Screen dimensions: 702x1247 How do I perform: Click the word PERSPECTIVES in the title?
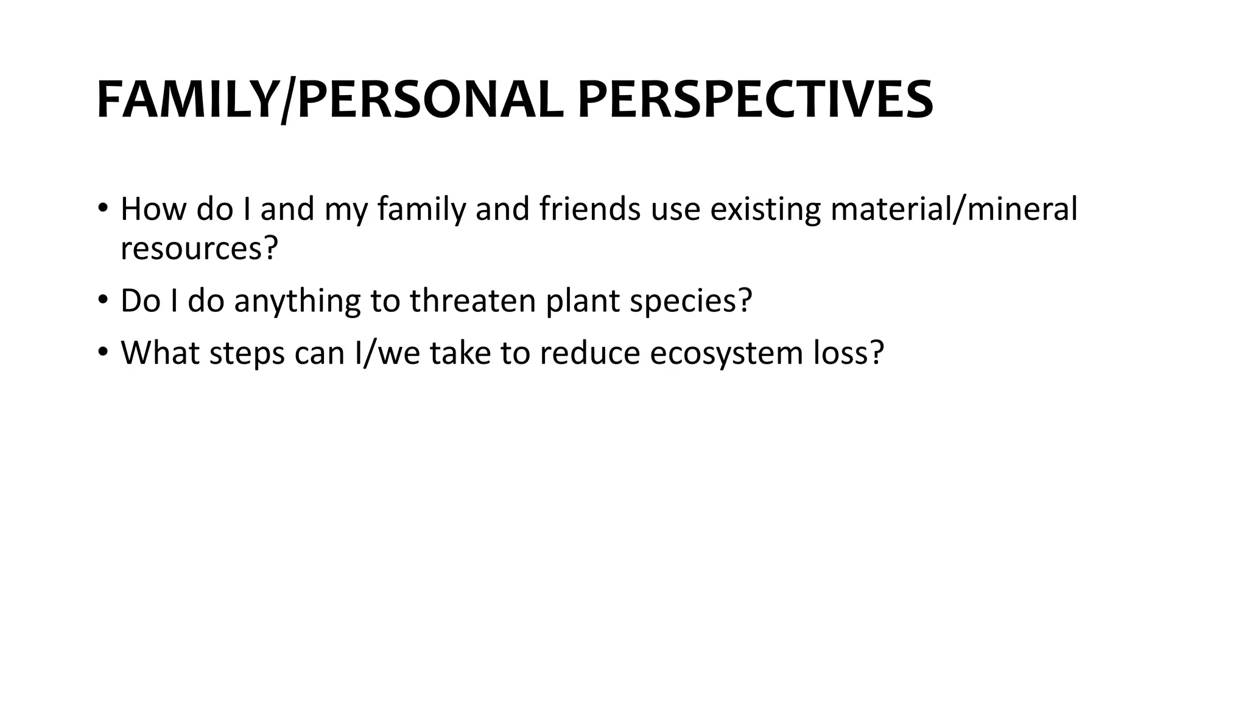tap(755, 100)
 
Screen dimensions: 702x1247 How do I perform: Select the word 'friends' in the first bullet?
tap(590, 209)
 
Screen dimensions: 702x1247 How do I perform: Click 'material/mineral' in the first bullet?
tap(954, 209)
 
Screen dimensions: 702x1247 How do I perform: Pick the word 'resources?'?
tap(199, 248)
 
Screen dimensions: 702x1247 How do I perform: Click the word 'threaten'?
tap(472, 300)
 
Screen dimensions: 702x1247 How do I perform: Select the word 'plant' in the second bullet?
tap(583, 302)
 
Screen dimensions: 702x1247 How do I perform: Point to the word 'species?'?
tap(691, 302)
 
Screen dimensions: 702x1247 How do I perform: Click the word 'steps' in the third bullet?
tap(247, 353)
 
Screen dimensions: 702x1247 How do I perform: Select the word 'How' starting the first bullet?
tap(154, 209)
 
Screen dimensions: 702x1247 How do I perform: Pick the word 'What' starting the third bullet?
tap(160, 353)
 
